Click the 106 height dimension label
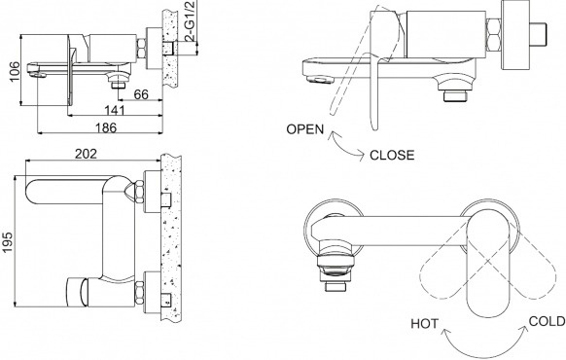(15, 71)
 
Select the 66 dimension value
(141, 94)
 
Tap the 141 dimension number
(115, 111)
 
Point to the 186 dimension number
(106, 127)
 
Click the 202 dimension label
(86, 154)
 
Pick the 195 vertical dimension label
(7, 242)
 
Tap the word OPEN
(305, 129)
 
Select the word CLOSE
(392, 156)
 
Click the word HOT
(424, 324)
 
